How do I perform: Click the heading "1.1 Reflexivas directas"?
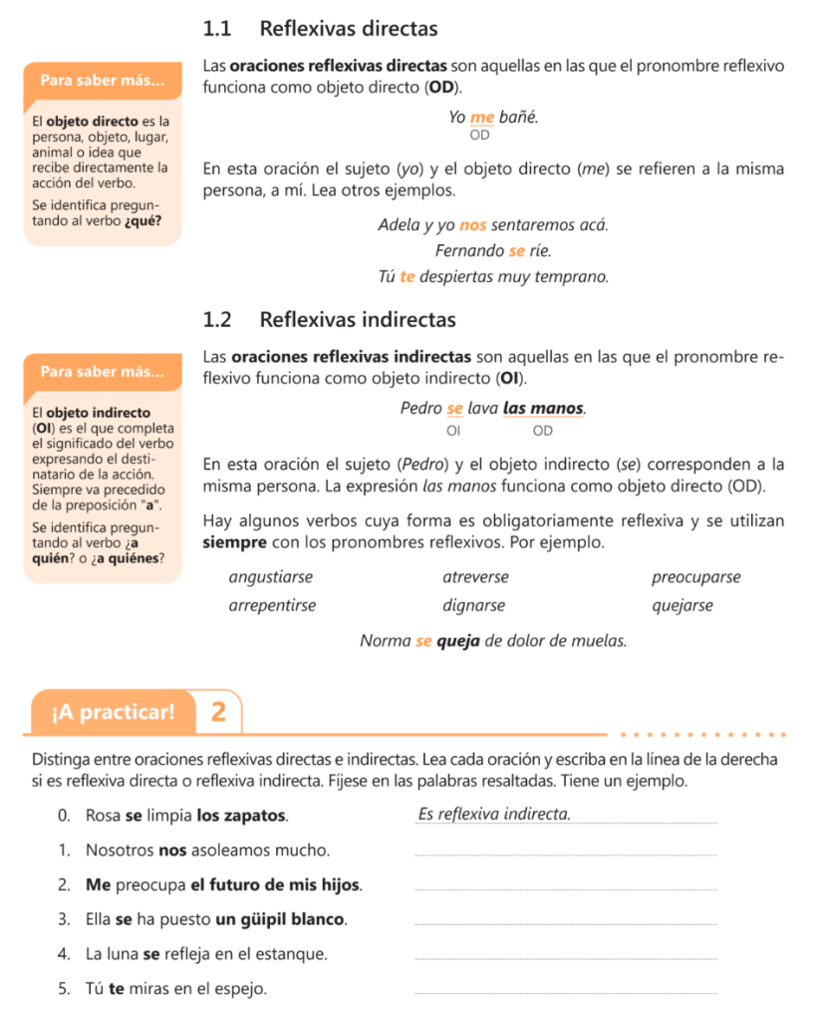coord(319,29)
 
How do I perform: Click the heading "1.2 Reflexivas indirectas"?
coord(328,320)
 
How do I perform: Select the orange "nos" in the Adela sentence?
coord(473,224)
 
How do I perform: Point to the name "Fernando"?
coord(469,250)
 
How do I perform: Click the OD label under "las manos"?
coord(542,431)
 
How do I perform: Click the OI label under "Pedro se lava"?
coord(454,431)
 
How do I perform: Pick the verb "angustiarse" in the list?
coord(271,577)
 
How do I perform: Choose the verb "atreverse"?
coord(475,577)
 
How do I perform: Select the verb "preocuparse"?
coord(695,577)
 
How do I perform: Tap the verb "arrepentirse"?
coord(272,605)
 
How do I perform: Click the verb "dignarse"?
coord(473,605)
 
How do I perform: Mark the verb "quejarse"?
coord(683,605)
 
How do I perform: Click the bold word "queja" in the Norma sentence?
coord(458,640)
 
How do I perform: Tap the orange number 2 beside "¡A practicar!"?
coord(219,712)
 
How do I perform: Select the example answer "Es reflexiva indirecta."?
coord(495,815)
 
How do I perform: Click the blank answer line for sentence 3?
coord(564,923)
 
